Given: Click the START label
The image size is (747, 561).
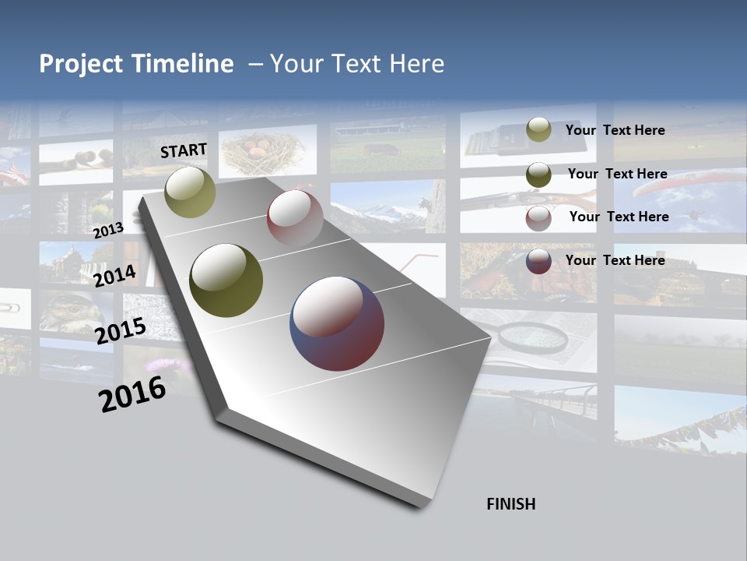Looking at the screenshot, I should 184,150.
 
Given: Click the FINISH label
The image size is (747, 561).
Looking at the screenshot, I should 511,504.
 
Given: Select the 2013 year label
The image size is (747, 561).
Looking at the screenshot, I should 108,230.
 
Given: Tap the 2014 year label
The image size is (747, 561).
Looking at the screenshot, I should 115,276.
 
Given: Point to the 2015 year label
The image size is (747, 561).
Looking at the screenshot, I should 121,331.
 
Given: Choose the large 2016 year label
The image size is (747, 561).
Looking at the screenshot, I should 132,394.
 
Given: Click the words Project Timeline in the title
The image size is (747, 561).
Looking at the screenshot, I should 136,64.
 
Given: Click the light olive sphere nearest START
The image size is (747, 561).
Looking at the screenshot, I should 191,192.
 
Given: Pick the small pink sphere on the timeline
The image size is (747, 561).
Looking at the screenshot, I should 295,219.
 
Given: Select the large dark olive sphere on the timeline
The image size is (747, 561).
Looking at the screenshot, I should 226,280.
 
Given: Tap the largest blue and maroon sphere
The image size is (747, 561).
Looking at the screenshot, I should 337,323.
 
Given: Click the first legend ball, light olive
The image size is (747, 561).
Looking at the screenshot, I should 538,129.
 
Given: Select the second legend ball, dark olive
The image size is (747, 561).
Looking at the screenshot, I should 538,175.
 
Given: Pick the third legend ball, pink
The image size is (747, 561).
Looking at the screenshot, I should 538,218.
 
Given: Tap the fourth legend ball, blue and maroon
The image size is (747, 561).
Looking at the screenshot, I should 538,261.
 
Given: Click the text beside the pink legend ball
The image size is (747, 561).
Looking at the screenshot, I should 619,217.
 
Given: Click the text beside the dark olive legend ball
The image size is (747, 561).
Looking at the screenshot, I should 618,174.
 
